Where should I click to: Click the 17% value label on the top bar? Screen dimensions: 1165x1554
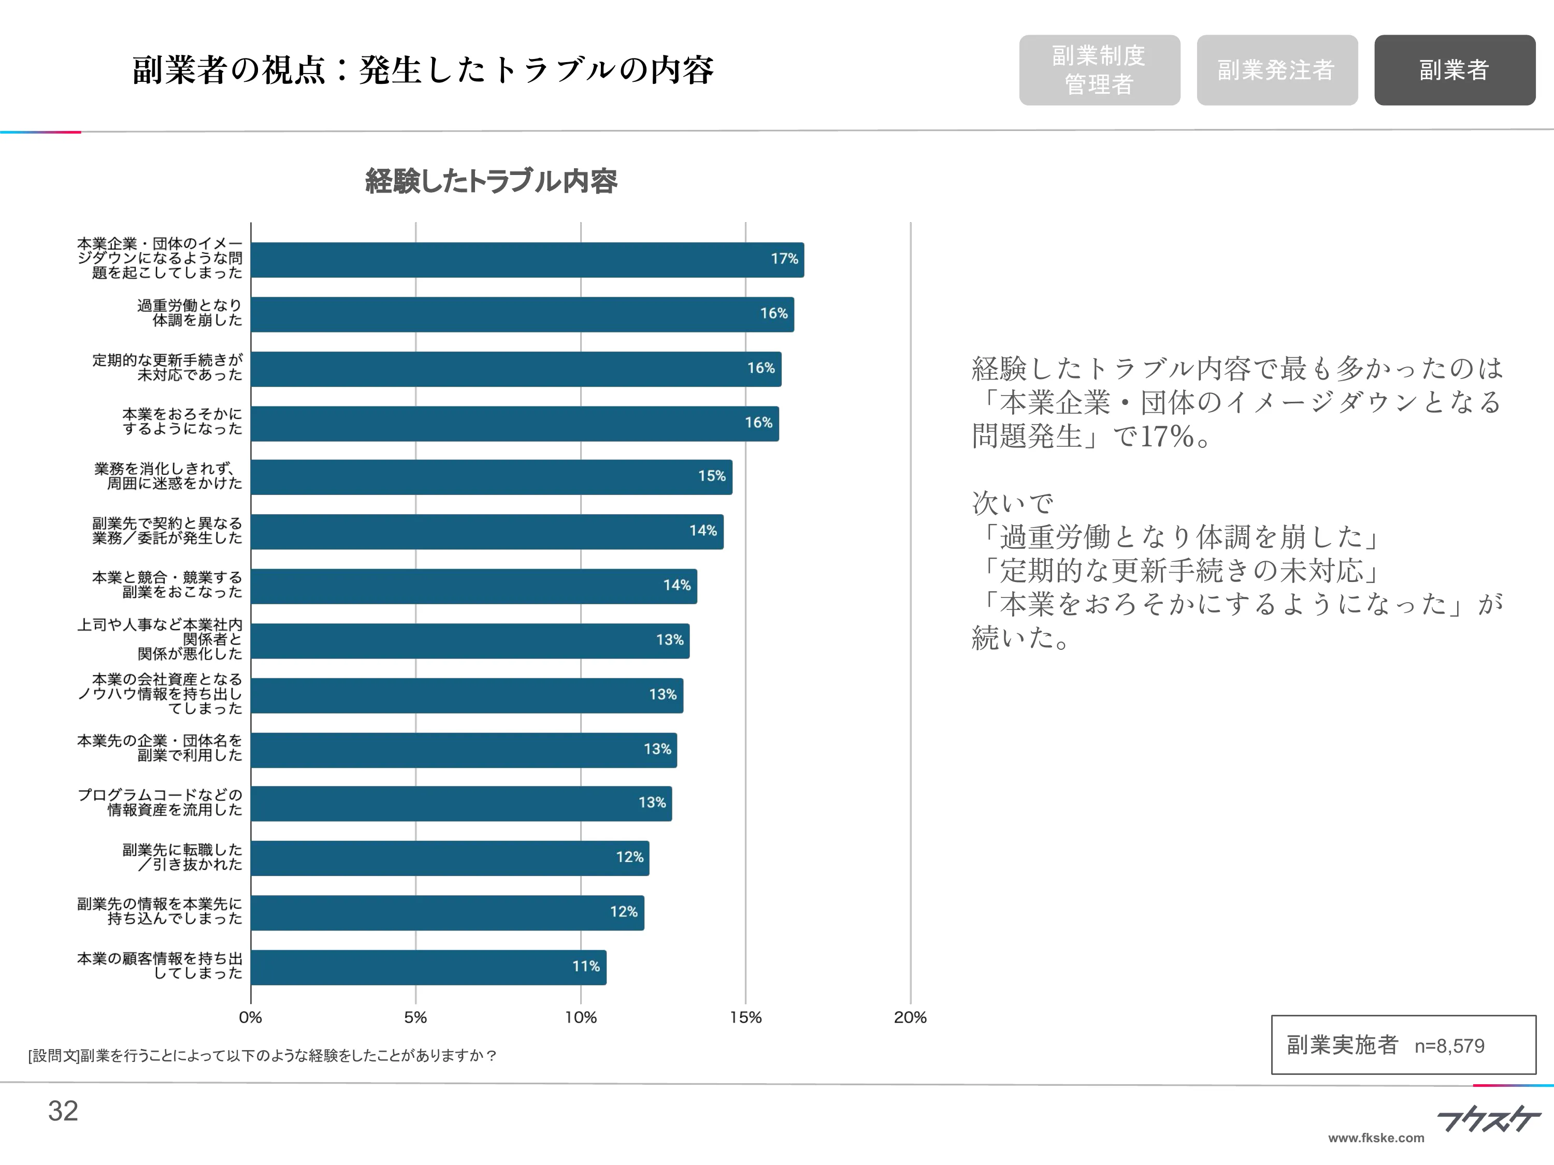click(784, 259)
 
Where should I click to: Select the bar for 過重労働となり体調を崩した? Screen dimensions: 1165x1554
click(522, 314)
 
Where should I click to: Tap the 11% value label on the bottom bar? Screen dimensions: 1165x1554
click(585, 966)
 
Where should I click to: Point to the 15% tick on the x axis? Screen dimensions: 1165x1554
click(745, 1017)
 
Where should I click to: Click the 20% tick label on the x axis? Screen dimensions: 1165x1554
click(910, 1017)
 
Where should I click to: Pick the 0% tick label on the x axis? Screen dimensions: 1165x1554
click(250, 1017)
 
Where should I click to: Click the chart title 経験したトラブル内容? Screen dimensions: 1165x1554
click(491, 181)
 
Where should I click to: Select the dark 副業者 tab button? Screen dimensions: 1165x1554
click(1454, 70)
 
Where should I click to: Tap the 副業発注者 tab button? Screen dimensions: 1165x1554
click(1276, 70)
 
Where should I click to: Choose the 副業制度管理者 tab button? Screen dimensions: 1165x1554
click(1099, 70)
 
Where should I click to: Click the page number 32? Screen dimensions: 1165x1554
click(63, 1111)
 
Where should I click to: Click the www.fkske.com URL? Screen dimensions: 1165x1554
click(1376, 1138)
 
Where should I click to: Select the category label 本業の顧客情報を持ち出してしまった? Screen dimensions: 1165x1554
click(160, 966)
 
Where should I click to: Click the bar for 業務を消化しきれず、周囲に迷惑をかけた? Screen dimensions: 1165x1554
click(491, 477)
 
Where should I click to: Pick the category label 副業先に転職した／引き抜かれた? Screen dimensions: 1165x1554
click(182, 857)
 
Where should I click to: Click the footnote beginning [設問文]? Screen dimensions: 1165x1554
click(262, 1055)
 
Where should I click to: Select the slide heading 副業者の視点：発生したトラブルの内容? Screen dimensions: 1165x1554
click(422, 70)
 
